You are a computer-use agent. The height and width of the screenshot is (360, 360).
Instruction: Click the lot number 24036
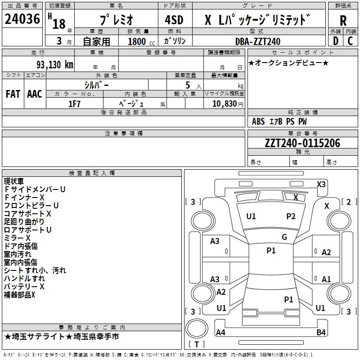[x=22, y=20]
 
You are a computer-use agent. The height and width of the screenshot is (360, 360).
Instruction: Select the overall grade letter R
[x=343, y=21]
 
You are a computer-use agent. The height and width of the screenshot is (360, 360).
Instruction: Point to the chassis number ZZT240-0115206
[x=302, y=143]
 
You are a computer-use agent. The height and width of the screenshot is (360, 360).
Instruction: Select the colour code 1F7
[x=74, y=103]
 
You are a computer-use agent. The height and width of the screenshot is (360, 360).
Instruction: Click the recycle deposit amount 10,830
[x=224, y=103]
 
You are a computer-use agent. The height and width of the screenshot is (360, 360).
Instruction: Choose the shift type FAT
[x=13, y=94]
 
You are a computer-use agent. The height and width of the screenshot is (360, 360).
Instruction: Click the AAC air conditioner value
[x=35, y=94]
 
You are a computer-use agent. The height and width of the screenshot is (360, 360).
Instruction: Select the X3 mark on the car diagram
[x=321, y=184]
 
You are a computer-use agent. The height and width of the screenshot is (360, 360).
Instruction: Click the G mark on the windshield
[x=284, y=237]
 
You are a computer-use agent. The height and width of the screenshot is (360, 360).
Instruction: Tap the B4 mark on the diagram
[x=321, y=333]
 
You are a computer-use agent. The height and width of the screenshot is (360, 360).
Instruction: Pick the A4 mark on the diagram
[x=220, y=333]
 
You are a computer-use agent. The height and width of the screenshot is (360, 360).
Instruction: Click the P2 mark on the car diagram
[x=291, y=216]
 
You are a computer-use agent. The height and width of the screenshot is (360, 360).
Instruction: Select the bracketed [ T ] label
[x=197, y=345]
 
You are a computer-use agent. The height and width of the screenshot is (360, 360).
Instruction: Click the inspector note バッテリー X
[x=24, y=287]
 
